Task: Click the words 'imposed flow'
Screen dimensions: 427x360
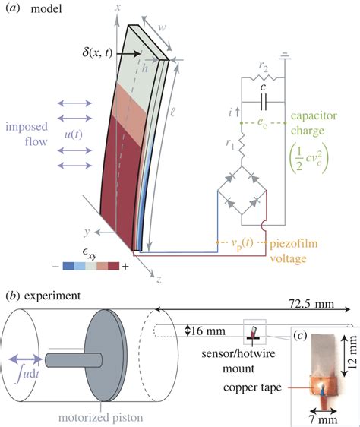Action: click(28, 133)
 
